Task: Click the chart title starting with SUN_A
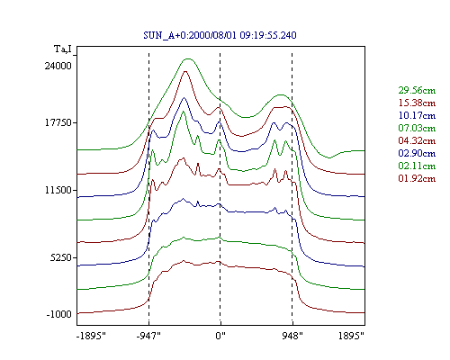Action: coord(220,35)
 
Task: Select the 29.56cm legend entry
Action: coord(417,90)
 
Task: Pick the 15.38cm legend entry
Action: coord(417,103)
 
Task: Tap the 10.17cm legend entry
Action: coord(417,115)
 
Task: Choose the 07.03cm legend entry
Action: coord(417,128)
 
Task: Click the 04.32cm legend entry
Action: coord(417,140)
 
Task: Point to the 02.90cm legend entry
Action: coord(417,153)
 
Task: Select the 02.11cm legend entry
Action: coord(417,166)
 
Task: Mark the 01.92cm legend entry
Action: coord(417,178)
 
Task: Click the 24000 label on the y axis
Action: coord(58,66)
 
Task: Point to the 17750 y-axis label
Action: coord(58,123)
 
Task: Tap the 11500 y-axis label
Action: coord(58,190)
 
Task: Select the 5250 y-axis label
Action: coord(61,257)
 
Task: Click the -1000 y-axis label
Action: coord(59,314)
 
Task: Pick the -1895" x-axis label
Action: coord(91,336)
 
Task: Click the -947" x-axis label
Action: coord(148,336)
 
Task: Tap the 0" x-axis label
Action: coord(220,336)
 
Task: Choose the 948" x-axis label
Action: coord(292,336)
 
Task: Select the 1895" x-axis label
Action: coord(351,336)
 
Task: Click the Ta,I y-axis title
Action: coord(63,49)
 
